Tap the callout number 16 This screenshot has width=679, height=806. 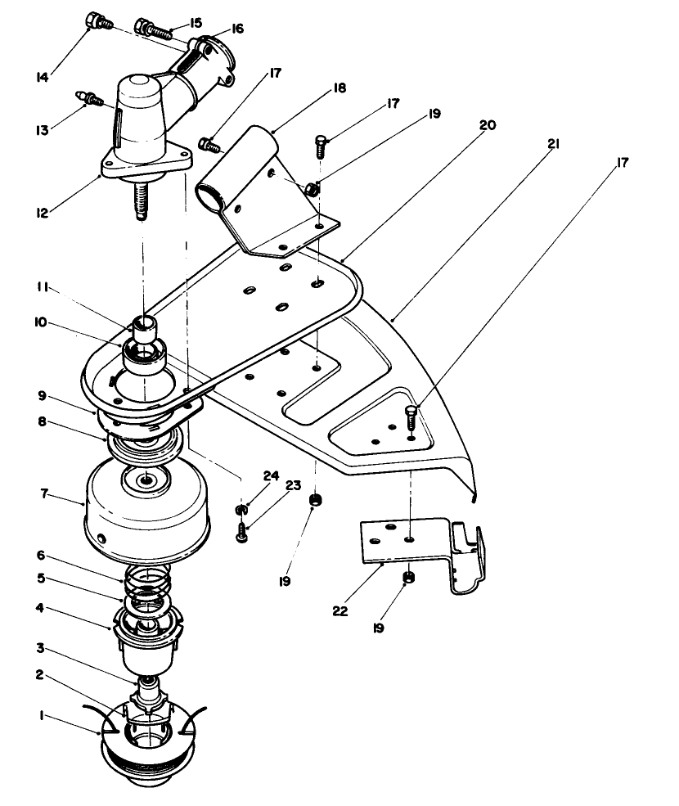[237, 29]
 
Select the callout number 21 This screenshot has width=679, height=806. [553, 145]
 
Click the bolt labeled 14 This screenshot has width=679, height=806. [99, 20]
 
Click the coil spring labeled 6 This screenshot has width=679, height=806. [148, 583]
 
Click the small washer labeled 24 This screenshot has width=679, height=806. [241, 511]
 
